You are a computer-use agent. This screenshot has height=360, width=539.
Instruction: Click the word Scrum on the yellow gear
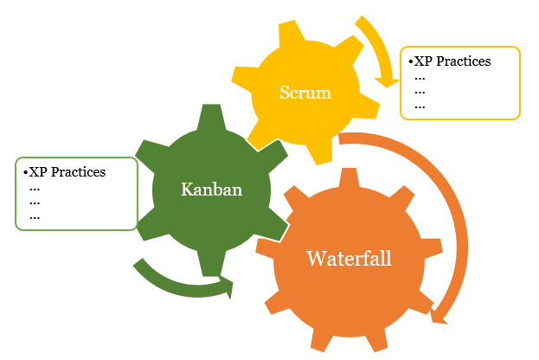tap(305, 93)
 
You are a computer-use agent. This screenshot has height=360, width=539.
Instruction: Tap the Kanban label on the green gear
tap(210, 189)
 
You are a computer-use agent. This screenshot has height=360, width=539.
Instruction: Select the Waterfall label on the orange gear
tap(349, 258)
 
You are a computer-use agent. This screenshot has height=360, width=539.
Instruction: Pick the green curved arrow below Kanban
tap(177, 281)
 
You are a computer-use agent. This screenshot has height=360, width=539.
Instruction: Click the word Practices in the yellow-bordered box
tap(463, 61)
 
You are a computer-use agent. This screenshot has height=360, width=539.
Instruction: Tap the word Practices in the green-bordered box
tap(77, 171)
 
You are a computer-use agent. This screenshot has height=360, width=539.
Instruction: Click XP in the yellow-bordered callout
tap(424, 61)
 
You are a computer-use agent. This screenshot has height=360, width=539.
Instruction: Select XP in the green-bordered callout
tap(38, 171)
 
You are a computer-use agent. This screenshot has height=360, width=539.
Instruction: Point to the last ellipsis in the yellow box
tap(420, 106)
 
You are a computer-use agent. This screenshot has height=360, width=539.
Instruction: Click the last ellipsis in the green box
tap(35, 216)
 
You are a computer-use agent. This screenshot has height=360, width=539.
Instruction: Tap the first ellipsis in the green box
tap(35, 187)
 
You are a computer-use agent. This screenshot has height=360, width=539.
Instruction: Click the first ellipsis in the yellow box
tap(420, 76)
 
